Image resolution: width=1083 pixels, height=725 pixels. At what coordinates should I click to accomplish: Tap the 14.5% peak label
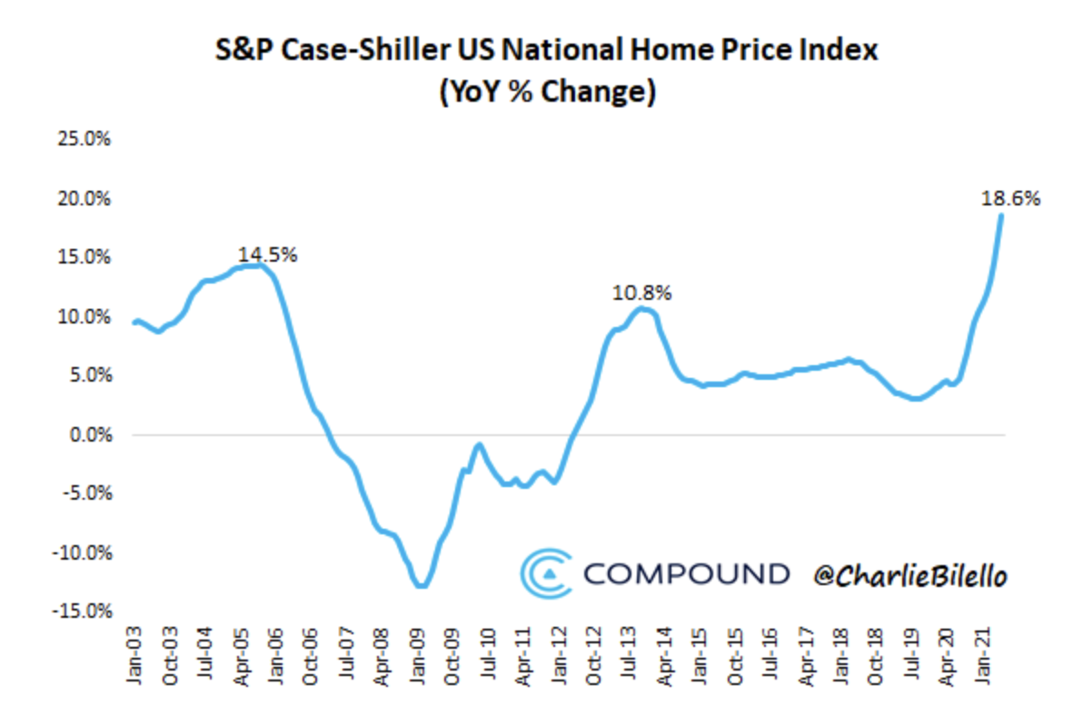pos(267,255)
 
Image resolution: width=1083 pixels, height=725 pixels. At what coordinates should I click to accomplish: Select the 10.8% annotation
pos(642,293)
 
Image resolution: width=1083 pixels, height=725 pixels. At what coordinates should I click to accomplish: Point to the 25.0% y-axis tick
pos(85,140)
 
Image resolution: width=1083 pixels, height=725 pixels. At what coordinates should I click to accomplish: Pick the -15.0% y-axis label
pos(83,611)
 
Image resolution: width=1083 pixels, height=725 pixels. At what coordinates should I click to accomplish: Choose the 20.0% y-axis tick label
pos(85,199)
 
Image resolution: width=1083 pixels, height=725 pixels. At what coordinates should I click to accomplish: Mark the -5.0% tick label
pos(85,494)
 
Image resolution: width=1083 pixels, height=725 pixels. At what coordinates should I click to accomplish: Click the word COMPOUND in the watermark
pos(687,574)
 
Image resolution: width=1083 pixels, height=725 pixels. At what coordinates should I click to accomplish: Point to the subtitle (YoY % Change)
pos(546,92)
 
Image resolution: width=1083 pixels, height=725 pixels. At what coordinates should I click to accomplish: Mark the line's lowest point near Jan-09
pos(420,586)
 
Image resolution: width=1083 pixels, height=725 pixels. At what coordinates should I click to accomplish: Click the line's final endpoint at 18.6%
pos(1001,215)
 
